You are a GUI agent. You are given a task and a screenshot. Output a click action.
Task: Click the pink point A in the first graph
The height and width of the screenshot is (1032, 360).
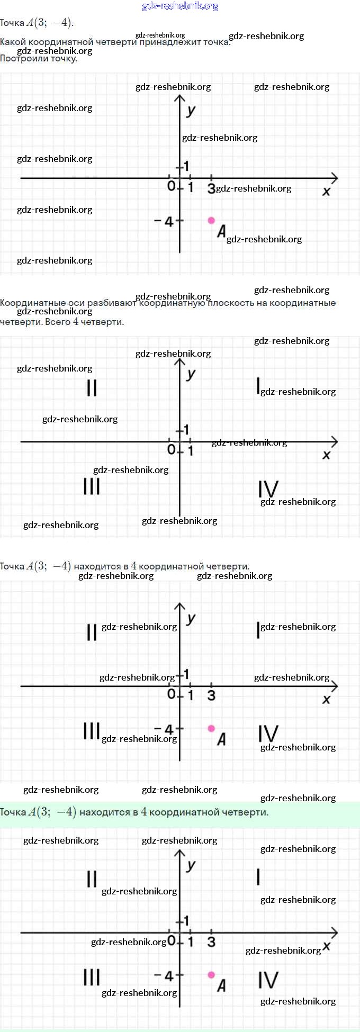211,220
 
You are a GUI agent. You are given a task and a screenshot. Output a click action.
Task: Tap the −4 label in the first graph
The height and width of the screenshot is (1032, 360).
164,222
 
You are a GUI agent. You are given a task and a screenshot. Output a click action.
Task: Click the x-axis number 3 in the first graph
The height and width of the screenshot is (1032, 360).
211,188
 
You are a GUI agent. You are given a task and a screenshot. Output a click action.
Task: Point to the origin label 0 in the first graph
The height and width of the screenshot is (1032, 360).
171,186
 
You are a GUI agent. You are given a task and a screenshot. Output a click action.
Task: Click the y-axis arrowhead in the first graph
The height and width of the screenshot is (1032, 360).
180,98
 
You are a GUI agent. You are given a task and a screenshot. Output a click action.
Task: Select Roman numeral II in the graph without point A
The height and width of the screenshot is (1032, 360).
92,388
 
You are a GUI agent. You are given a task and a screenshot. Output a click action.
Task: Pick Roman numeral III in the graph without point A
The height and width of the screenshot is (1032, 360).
92,486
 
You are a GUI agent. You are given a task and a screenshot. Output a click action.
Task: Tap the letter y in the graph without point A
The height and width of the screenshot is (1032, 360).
191,374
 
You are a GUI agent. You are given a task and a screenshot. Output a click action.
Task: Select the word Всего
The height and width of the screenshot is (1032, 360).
58,322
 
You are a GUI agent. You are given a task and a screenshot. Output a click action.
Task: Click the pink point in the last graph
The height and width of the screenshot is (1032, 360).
211,974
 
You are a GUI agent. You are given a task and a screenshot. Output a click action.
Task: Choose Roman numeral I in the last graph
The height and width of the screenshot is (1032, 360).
258,877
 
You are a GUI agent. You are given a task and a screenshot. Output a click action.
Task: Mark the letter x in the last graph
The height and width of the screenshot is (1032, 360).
327,945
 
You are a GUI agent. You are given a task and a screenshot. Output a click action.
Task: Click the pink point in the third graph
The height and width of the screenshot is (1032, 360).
211,728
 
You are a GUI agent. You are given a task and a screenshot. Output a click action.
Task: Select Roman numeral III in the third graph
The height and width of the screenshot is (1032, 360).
92,731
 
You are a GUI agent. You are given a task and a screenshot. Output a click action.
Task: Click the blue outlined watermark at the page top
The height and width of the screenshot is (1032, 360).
180,6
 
